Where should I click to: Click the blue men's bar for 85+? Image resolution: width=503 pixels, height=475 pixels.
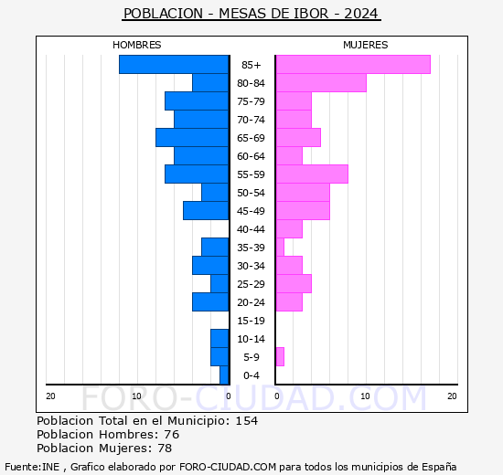click(174, 65)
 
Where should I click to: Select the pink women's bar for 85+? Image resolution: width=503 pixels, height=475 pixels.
click(353, 65)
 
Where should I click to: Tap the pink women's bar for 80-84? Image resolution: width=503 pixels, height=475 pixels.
click(321, 83)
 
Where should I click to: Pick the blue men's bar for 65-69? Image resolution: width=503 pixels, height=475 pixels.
click(192, 138)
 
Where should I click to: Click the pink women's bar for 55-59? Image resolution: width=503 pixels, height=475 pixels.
click(312, 174)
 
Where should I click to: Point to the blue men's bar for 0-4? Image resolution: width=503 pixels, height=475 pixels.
click(224, 375)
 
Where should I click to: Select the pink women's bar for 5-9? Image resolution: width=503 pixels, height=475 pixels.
click(280, 357)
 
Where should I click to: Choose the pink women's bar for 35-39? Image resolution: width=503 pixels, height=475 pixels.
click(280, 248)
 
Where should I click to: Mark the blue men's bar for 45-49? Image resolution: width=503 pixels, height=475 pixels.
click(206, 211)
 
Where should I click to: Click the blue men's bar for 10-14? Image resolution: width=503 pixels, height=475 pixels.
click(219, 339)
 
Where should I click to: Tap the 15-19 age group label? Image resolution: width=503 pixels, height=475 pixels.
click(251, 321)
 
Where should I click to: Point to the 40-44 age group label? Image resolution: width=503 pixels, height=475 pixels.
click(251, 229)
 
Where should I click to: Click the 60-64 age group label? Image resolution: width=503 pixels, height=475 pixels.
click(251, 156)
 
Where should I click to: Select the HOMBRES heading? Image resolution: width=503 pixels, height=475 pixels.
click(136, 45)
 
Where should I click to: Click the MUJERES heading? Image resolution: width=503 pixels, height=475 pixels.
click(366, 45)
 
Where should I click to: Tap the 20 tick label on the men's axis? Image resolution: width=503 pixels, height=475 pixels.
click(50, 396)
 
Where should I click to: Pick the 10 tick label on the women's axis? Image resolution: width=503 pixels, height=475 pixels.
click(365, 396)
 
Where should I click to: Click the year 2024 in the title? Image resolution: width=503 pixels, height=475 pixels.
click(361, 14)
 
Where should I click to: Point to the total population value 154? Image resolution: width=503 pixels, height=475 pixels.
click(247, 420)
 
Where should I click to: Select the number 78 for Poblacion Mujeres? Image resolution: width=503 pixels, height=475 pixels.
click(165, 448)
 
